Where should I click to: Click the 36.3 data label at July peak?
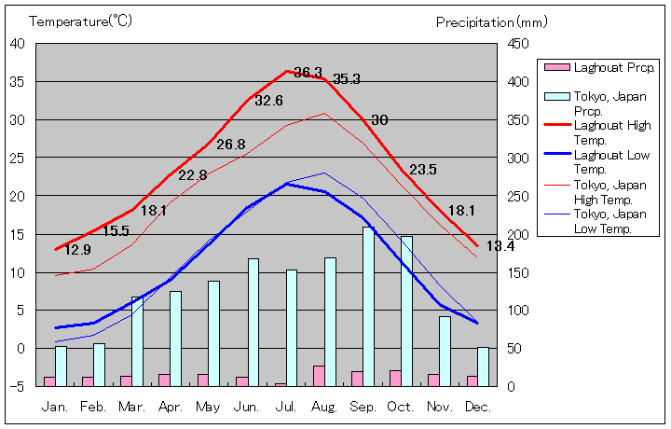(308, 73)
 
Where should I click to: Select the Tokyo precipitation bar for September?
(369, 306)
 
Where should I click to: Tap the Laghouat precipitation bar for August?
(319, 376)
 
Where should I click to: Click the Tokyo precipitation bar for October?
(406, 311)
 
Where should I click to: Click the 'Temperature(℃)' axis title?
(82, 21)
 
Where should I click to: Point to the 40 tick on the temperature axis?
(18, 43)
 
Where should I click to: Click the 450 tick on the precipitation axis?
(519, 43)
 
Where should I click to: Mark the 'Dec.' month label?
(477, 407)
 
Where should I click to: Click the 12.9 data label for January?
(78, 250)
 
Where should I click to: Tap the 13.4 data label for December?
(500, 246)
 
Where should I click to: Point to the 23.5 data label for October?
(423, 170)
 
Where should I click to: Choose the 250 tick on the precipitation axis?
(519, 196)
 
